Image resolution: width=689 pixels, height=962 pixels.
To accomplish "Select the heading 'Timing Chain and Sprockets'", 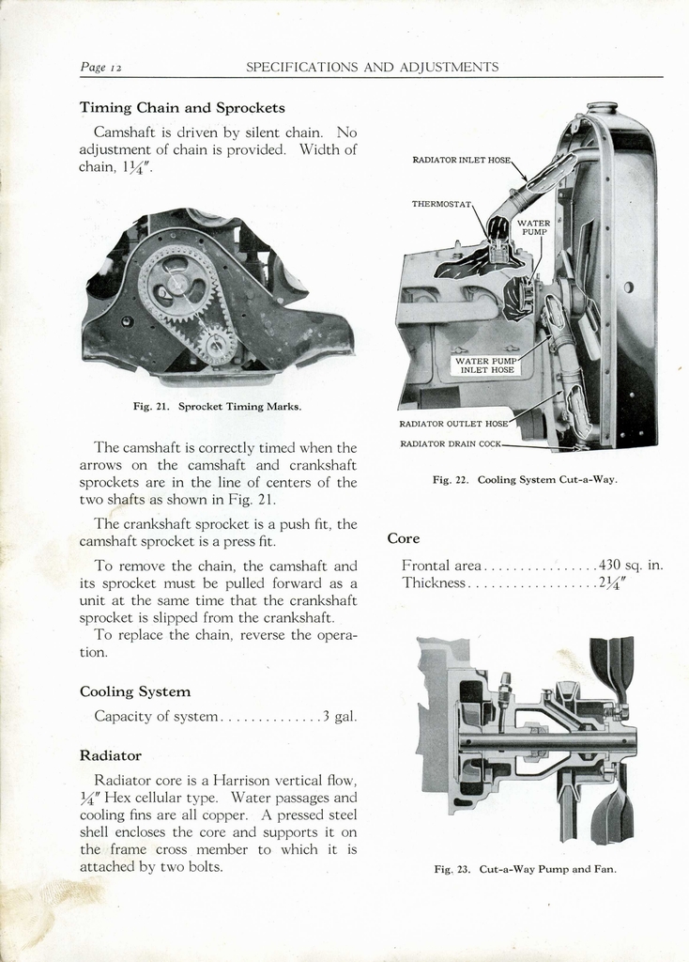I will (x=182, y=107).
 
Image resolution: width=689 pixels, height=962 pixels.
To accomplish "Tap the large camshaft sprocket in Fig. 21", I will (x=176, y=284).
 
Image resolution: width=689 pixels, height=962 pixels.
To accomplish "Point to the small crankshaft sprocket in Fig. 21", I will (x=217, y=344).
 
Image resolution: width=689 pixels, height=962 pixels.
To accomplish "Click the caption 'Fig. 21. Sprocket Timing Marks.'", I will (x=217, y=407).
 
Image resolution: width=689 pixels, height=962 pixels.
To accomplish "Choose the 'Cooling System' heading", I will (x=135, y=691).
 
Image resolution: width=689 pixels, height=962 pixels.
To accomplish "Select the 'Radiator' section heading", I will (x=111, y=755).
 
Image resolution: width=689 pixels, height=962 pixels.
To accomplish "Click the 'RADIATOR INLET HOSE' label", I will (x=461, y=160).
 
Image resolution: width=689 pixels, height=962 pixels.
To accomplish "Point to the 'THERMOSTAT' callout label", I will (x=440, y=204).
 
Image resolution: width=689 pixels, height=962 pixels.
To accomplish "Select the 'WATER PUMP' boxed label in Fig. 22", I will (x=533, y=227).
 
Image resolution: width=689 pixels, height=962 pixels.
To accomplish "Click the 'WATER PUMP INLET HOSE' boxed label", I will (x=485, y=365).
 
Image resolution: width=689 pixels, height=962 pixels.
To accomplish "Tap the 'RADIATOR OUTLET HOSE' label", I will (x=453, y=424).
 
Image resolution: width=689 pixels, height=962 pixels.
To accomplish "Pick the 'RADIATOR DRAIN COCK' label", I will (x=451, y=443).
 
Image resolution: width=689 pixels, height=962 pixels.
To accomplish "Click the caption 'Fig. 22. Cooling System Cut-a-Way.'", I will (x=524, y=480).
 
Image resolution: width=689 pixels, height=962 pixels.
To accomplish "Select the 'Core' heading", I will (x=404, y=538).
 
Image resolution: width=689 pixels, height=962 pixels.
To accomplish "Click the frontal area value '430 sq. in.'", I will (x=631, y=566).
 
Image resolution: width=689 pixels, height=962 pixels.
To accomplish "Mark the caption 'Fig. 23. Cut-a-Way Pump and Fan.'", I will (x=525, y=869).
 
